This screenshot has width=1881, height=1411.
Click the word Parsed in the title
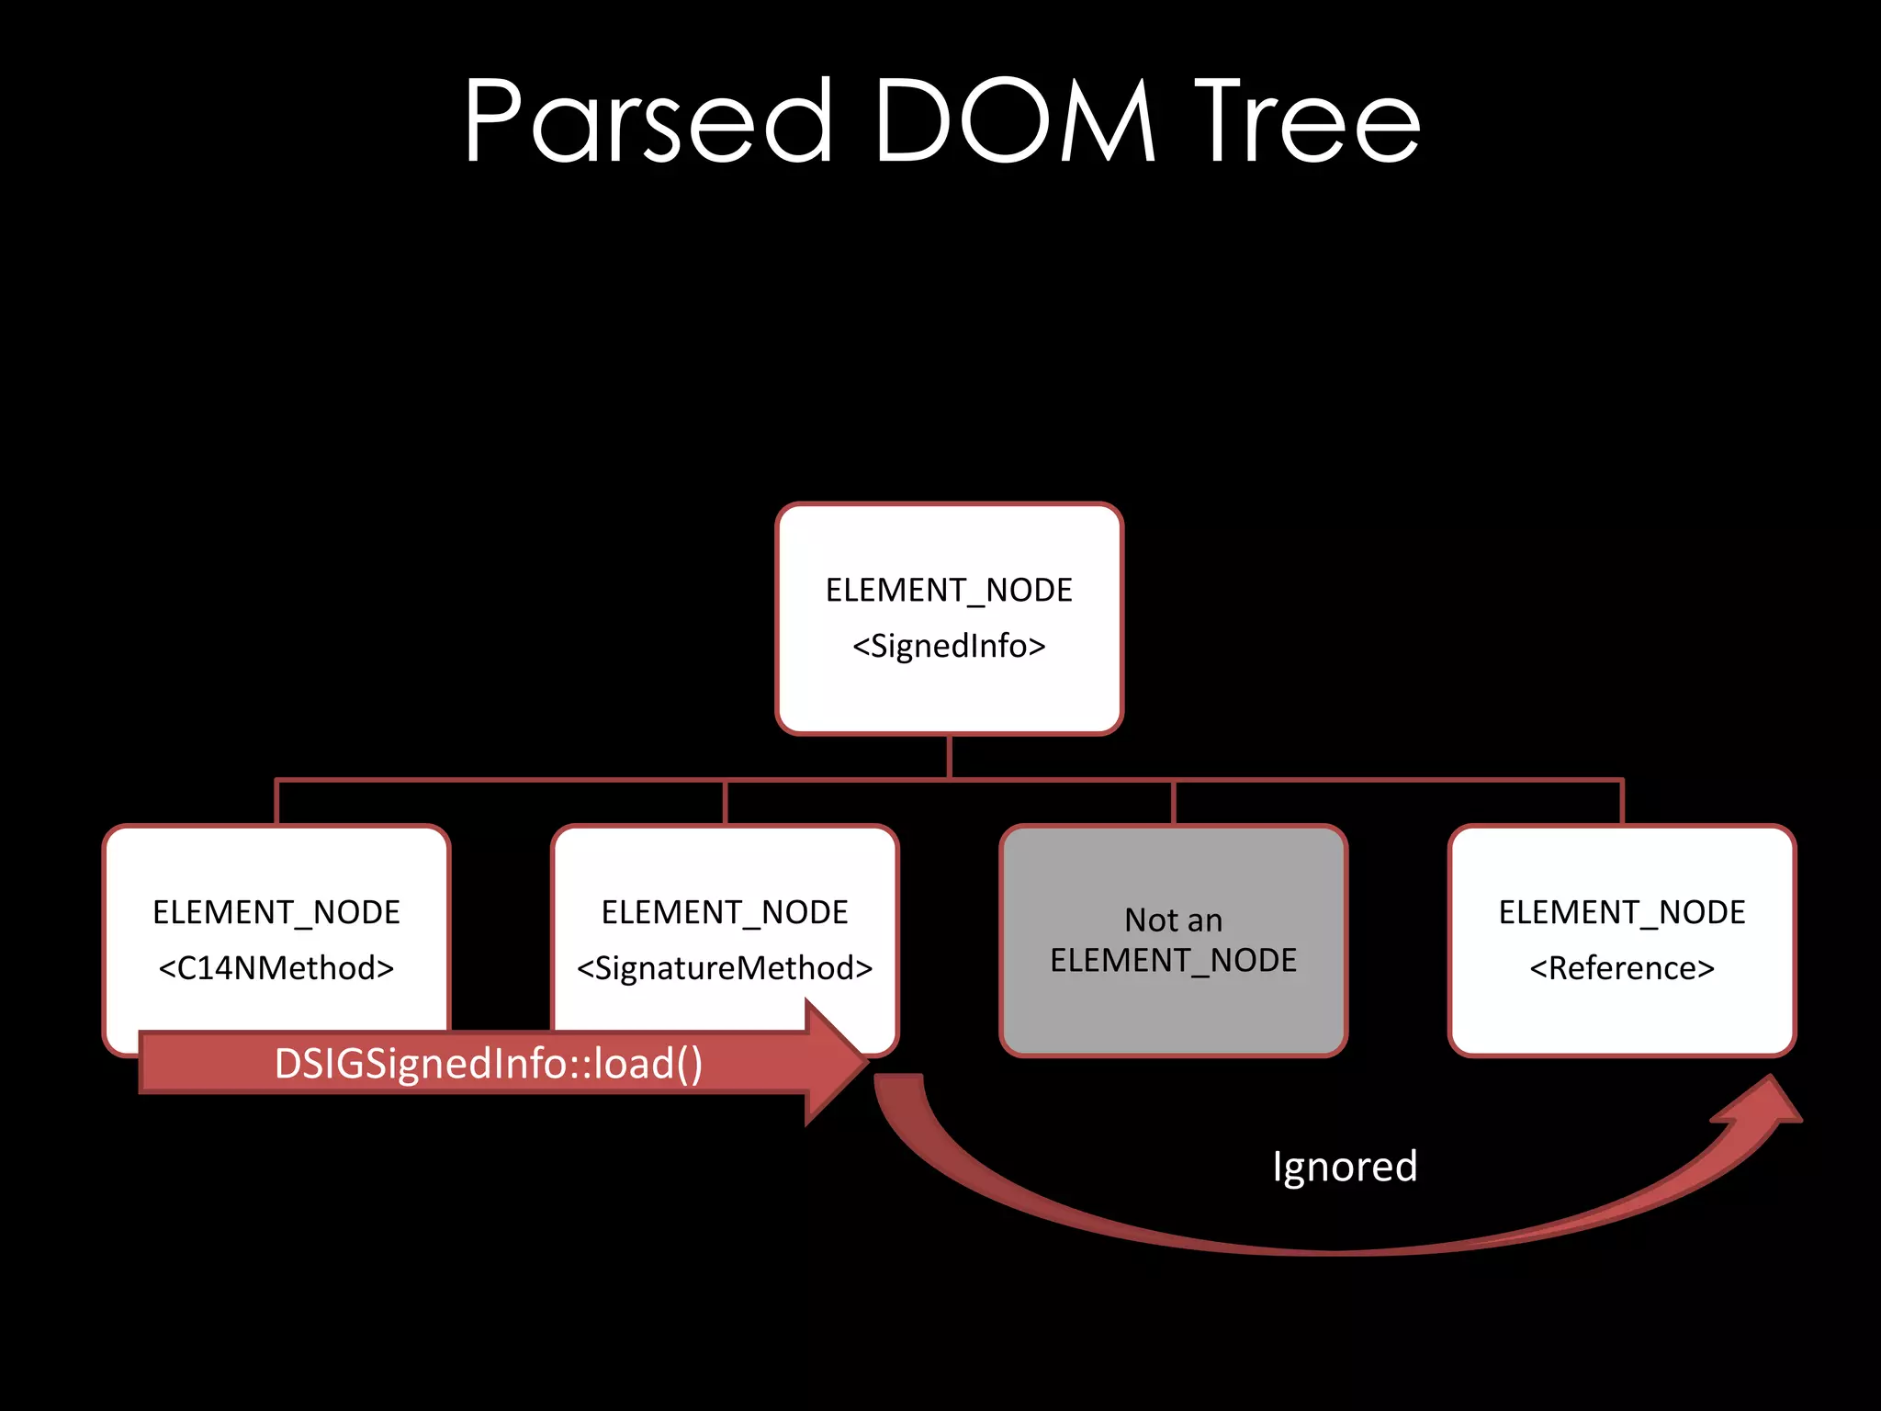pyautogui.click(x=647, y=121)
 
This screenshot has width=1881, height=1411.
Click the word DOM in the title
pyautogui.click(x=1014, y=121)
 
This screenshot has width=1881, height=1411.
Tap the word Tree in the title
pyautogui.click(x=1306, y=121)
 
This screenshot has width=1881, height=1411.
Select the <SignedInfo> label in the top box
pyautogui.click(x=949, y=647)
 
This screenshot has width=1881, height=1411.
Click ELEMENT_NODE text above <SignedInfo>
pyautogui.click(x=949, y=590)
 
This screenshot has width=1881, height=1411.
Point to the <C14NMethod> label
pyautogui.click(x=276, y=968)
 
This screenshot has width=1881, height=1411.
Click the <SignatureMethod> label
pyautogui.click(x=725, y=968)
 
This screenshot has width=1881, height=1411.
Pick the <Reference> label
pyautogui.click(x=1622, y=968)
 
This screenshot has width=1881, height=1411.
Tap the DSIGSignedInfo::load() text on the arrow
pyautogui.click(x=489, y=1064)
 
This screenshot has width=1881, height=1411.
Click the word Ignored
pyautogui.click(x=1345, y=1167)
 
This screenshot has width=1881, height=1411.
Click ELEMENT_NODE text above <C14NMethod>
pyautogui.click(x=276, y=912)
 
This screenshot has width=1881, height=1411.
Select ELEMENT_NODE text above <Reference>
pyautogui.click(x=1622, y=912)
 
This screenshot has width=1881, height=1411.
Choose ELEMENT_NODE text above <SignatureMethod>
pyautogui.click(x=725, y=912)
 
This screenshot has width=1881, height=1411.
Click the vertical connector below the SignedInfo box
pyautogui.click(x=949, y=757)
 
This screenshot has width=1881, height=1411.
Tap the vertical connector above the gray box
pyautogui.click(x=1173, y=803)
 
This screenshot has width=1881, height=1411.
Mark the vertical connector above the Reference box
pyautogui.click(x=1622, y=803)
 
